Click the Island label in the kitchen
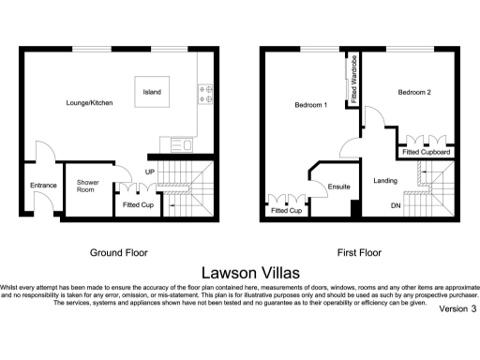151,92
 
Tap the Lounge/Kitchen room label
89,102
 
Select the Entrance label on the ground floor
43,186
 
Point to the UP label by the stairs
149,172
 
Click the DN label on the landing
395,204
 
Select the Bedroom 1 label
309,104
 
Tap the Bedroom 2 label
413,92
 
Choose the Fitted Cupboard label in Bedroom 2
427,152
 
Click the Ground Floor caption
118,252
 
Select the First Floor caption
359,252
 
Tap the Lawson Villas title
240,272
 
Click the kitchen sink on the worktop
178,144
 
